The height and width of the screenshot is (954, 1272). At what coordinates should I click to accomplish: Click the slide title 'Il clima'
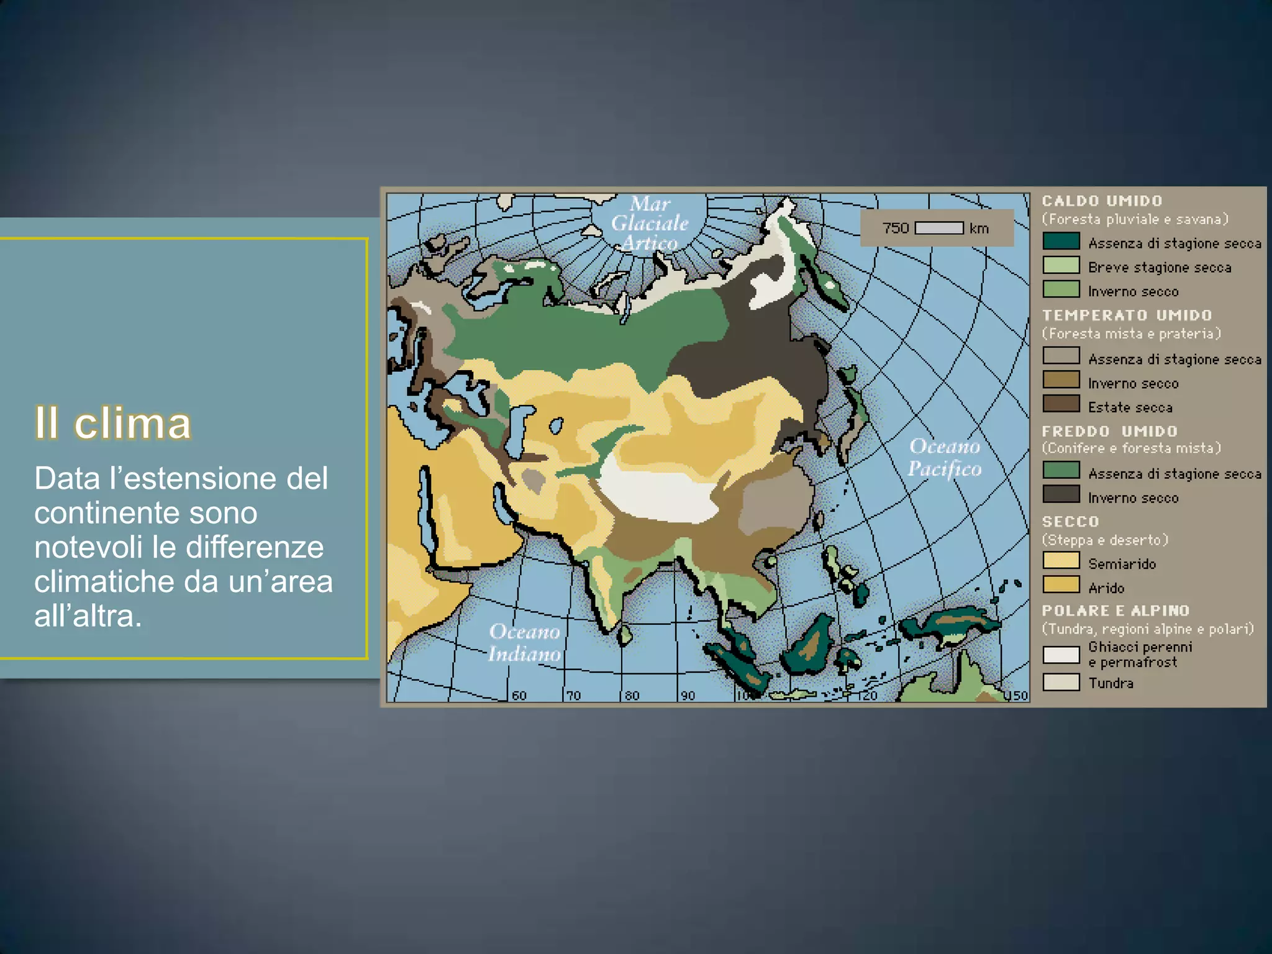(112, 424)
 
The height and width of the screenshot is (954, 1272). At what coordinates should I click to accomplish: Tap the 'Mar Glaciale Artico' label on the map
(650, 223)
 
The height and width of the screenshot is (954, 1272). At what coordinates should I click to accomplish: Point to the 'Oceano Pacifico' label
(944, 457)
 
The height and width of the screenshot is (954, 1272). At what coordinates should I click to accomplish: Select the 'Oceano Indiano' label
(525, 643)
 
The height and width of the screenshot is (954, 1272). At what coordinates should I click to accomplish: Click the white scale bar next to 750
(939, 228)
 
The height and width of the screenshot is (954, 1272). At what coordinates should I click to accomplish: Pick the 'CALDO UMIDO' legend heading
(1102, 201)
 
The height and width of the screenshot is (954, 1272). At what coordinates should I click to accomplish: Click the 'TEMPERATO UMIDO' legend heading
(1127, 316)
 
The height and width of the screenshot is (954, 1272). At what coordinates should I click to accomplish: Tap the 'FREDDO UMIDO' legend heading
(1109, 431)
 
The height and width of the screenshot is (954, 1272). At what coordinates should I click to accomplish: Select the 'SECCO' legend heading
(1070, 522)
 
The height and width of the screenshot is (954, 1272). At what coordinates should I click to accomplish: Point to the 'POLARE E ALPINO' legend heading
(1115, 611)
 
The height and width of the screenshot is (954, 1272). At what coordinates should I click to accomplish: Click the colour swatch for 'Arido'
(1061, 584)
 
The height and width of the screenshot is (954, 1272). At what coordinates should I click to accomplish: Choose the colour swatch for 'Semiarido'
(1061, 560)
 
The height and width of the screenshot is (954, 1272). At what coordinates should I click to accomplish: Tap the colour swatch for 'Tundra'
(1061, 682)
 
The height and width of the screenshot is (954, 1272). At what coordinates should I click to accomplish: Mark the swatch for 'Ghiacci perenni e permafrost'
(1061, 655)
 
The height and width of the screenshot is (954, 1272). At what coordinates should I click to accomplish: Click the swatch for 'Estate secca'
(1061, 404)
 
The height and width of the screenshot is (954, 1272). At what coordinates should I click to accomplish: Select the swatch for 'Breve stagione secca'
(1061, 265)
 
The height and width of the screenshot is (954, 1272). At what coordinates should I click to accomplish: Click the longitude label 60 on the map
(519, 696)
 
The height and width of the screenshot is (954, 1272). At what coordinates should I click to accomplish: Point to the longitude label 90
(688, 696)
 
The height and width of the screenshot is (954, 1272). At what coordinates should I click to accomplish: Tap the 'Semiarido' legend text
(1122, 564)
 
